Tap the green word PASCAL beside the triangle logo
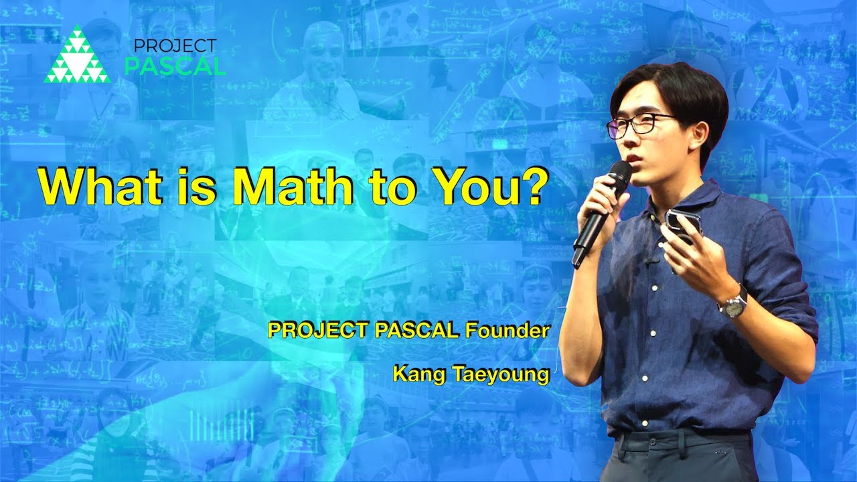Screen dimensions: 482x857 point(176,66)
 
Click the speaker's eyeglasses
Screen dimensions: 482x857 point(639,125)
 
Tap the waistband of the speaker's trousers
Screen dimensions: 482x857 point(683,436)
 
